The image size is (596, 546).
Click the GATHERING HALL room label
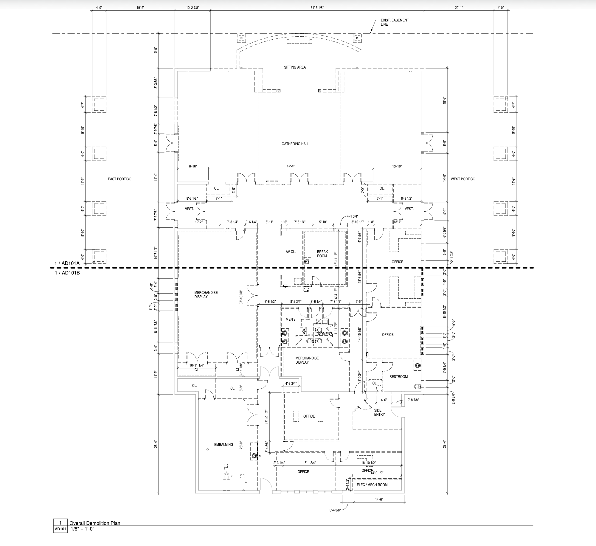tap(295, 144)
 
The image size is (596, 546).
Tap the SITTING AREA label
tap(295, 67)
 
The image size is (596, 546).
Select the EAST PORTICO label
tap(119, 179)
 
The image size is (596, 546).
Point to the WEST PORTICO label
tap(463, 179)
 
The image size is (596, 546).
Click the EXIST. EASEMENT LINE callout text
tap(394, 22)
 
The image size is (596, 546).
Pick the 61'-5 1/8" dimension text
tap(317, 8)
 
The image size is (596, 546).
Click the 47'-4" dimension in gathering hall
tap(291, 166)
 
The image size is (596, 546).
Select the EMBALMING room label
tap(223, 445)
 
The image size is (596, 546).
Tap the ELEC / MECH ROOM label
tap(372, 485)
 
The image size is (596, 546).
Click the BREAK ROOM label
tap(322, 254)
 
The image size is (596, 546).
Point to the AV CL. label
tap(291, 252)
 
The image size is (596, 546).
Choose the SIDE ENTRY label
tap(379, 412)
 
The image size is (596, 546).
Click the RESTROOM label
tap(398, 377)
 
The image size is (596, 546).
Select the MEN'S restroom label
tap(290, 319)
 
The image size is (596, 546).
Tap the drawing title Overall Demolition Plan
tap(95, 523)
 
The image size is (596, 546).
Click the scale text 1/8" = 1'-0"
tap(83, 529)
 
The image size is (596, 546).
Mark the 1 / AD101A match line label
tap(67, 263)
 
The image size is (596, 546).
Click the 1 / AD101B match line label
tap(67, 272)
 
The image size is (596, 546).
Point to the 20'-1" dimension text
tap(459, 8)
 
